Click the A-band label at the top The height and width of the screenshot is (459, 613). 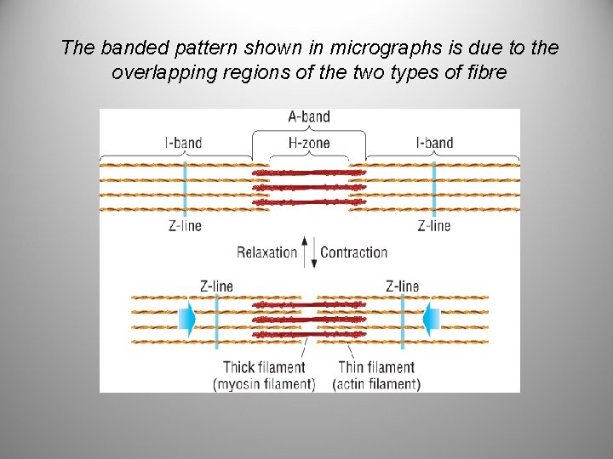coord(309,116)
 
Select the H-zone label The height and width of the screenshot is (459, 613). coord(309,143)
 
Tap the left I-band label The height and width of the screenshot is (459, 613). coord(183,143)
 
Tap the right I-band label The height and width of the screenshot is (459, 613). coord(434,143)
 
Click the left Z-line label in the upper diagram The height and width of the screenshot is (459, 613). coord(185,226)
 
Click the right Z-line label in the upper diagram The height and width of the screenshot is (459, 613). coord(433,226)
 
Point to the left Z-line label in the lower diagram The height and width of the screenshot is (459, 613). coord(216,286)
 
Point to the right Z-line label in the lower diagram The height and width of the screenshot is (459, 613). coord(402,286)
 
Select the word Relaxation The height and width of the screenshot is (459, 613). coord(266,252)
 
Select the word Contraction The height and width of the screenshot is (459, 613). coord(353,252)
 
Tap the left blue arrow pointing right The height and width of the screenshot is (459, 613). coord(187,319)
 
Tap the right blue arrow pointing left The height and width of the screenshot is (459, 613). coord(432,319)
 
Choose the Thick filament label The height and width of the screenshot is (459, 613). coord(263,368)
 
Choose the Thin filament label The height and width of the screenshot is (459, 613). coord(376,368)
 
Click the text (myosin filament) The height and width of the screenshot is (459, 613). coord(263,384)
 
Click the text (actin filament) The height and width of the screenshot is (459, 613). coord(376,384)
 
